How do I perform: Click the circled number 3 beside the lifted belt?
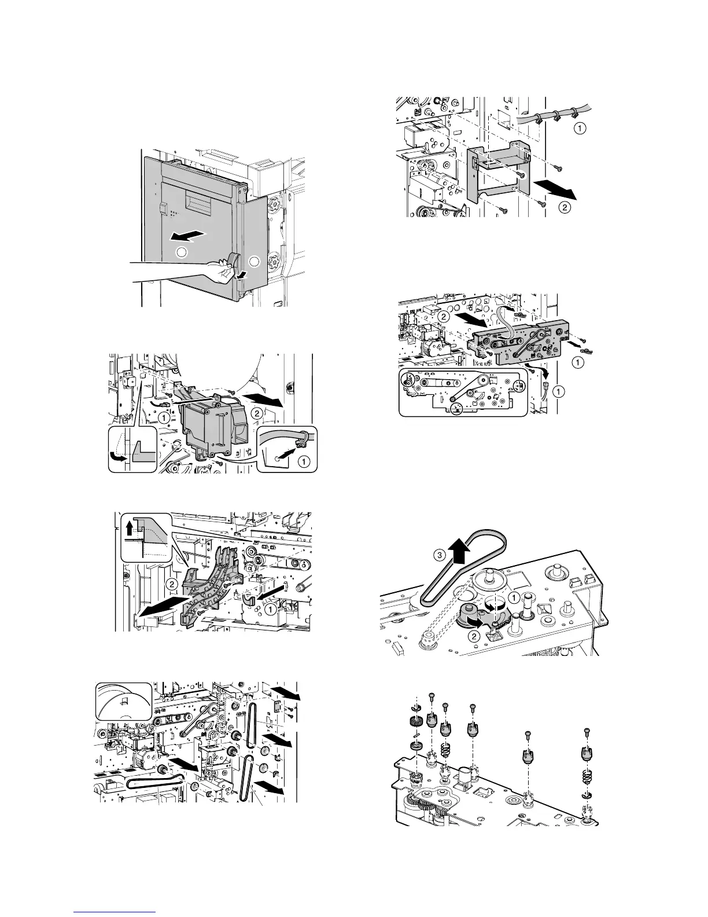pos(440,553)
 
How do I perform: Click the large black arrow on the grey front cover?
pos(188,236)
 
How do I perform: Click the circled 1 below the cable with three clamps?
pos(577,129)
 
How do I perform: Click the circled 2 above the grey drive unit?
pos(443,317)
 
